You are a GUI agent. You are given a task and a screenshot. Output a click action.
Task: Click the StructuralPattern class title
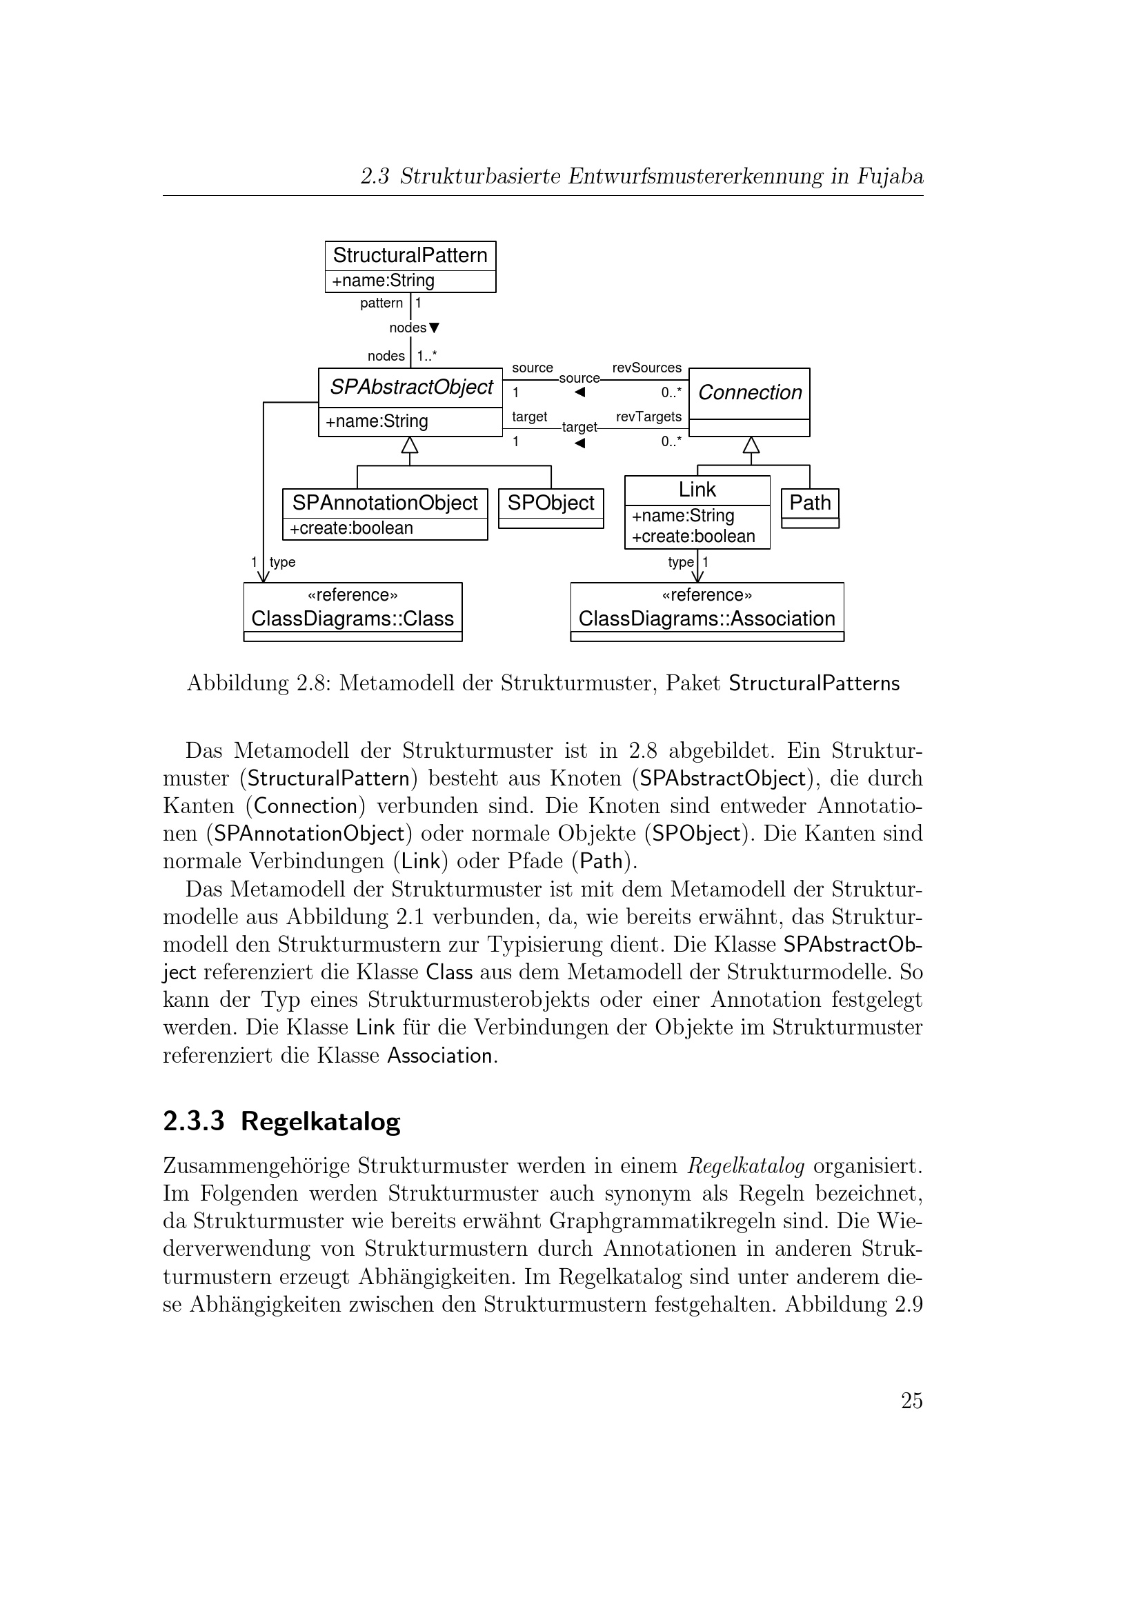click(x=410, y=255)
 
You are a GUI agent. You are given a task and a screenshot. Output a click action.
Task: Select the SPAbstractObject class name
click(x=411, y=387)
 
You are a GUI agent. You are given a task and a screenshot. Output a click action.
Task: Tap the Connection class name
click(x=750, y=392)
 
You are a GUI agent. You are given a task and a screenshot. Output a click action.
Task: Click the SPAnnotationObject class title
click(x=384, y=503)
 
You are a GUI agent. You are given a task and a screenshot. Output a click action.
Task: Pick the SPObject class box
click(x=550, y=508)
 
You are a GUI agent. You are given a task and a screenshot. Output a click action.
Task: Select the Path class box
click(x=810, y=508)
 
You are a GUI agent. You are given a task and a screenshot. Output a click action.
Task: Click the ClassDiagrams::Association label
click(x=707, y=619)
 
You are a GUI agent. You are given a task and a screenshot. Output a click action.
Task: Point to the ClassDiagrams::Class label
click(x=353, y=619)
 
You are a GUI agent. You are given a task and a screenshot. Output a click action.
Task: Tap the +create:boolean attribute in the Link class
click(x=693, y=537)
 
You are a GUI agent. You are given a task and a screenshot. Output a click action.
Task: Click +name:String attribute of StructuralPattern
click(x=383, y=281)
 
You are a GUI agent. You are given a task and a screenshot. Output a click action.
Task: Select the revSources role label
click(x=646, y=368)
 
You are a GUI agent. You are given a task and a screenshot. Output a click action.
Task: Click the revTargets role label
click(x=648, y=417)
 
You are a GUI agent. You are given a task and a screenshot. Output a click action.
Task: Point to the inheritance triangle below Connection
click(x=751, y=445)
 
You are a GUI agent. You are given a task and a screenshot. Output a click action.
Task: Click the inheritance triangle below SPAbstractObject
click(x=410, y=445)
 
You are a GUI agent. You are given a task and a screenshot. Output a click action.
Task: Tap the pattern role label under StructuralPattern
click(x=381, y=303)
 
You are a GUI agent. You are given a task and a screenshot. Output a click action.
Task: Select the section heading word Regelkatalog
click(x=320, y=1121)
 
